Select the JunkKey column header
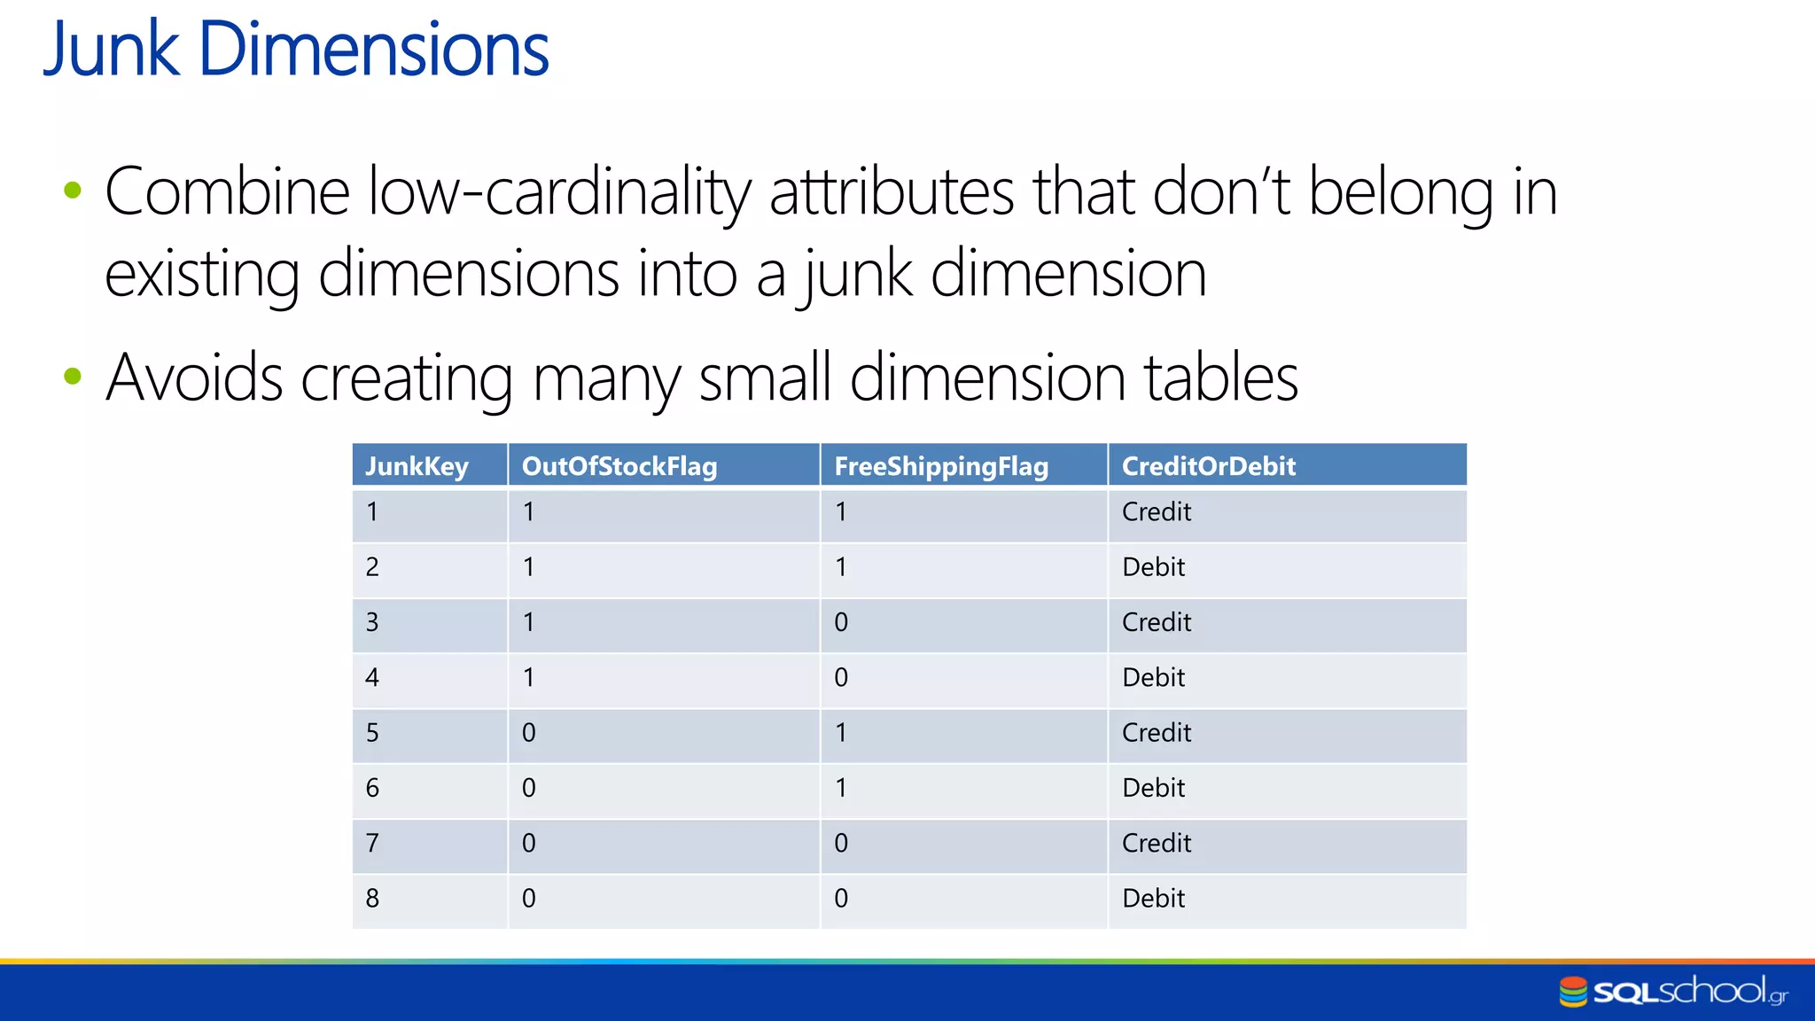click(x=417, y=466)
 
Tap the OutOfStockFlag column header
click(x=619, y=466)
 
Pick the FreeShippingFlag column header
click(x=941, y=466)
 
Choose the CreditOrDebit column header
click(x=1209, y=466)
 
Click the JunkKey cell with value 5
click(x=372, y=733)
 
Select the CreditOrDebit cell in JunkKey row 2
click(x=1153, y=567)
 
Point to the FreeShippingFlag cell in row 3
click(x=841, y=622)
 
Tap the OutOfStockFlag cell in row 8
click(x=529, y=899)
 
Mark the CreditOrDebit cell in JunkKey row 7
click(x=1157, y=843)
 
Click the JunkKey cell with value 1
click(x=372, y=512)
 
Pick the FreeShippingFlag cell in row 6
click(x=841, y=788)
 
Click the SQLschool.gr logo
click(x=1673, y=991)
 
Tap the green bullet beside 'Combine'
click(x=74, y=190)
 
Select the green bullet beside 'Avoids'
click(x=74, y=377)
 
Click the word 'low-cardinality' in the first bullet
click(x=558, y=192)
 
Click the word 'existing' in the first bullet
click(x=202, y=275)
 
